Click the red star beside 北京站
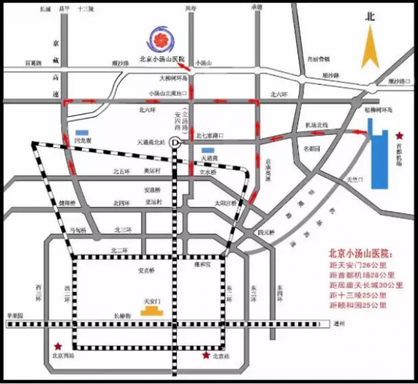(x=206, y=355)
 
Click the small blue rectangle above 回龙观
(x=83, y=132)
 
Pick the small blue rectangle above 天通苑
(x=208, y=150)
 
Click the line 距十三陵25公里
(x=362, y=295)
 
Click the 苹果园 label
(x=15, y=316)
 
